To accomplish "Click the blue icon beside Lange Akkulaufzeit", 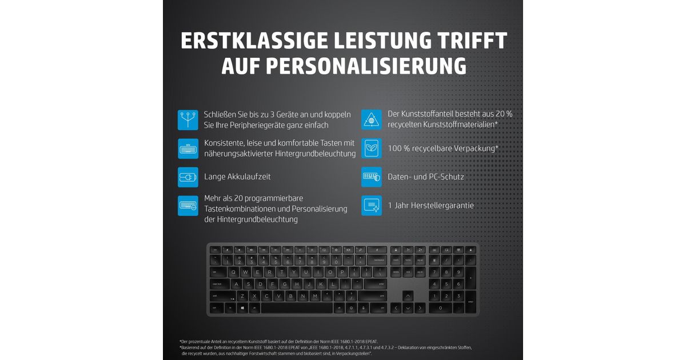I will pyautogui.click(x=188, y=177).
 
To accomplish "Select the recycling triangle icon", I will pyautogui.click(x=372, y=119).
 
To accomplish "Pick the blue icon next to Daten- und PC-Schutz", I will pyautogui.click(x=372, y=177).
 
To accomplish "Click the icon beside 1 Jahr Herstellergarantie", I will pyautogui.click(x=372, y=205).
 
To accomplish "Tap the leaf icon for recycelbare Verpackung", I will pyautogui.click(x=372, y=148).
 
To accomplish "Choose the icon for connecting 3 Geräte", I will pyautogui.click(x=188, y=119).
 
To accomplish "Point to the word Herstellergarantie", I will pyautogui.click(x=440, y=205).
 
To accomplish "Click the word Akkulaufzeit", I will pyautogui.click(x=252, y=177).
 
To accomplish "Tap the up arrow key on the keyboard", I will pyautogui.click(x=408, y=296).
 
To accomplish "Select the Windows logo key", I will pyautogui.click(x=242, y=308).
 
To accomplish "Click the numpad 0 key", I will pyautogui.click(x=441, y=308).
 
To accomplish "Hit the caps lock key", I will pyautogui.click(x=220, y=284).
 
